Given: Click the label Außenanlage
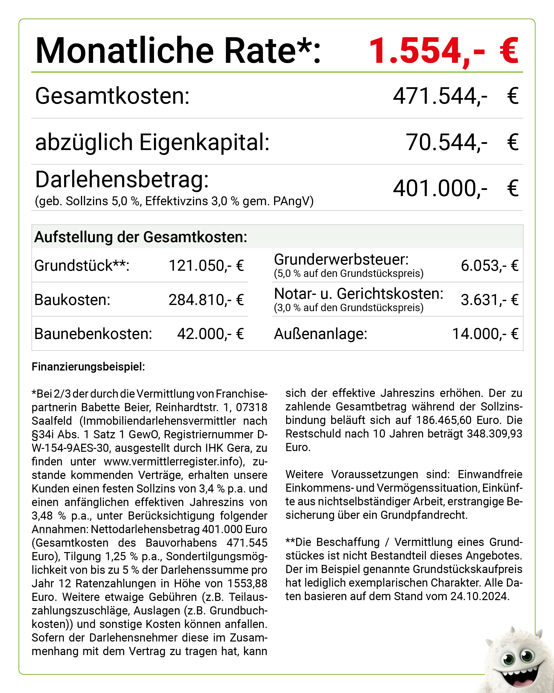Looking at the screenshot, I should click(x=320, y=334).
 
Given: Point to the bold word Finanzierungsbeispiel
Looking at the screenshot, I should click(x=88, y=367).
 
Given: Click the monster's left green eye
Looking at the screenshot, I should click(x=509, y=659).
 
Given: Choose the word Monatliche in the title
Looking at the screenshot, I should click(x=125, y=51).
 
